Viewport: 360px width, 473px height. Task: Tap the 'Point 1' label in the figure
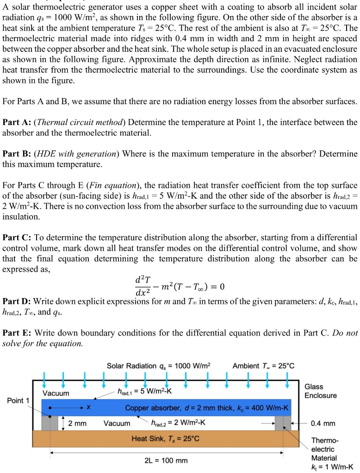18,400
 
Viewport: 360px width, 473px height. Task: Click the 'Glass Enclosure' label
321,391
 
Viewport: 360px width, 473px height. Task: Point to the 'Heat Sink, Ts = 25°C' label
165,438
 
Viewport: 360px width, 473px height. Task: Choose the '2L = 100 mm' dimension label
165,460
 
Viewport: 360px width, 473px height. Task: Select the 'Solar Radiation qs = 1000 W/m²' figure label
159,366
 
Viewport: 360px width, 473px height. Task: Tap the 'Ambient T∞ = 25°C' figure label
263,366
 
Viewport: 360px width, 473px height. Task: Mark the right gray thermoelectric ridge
283,423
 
